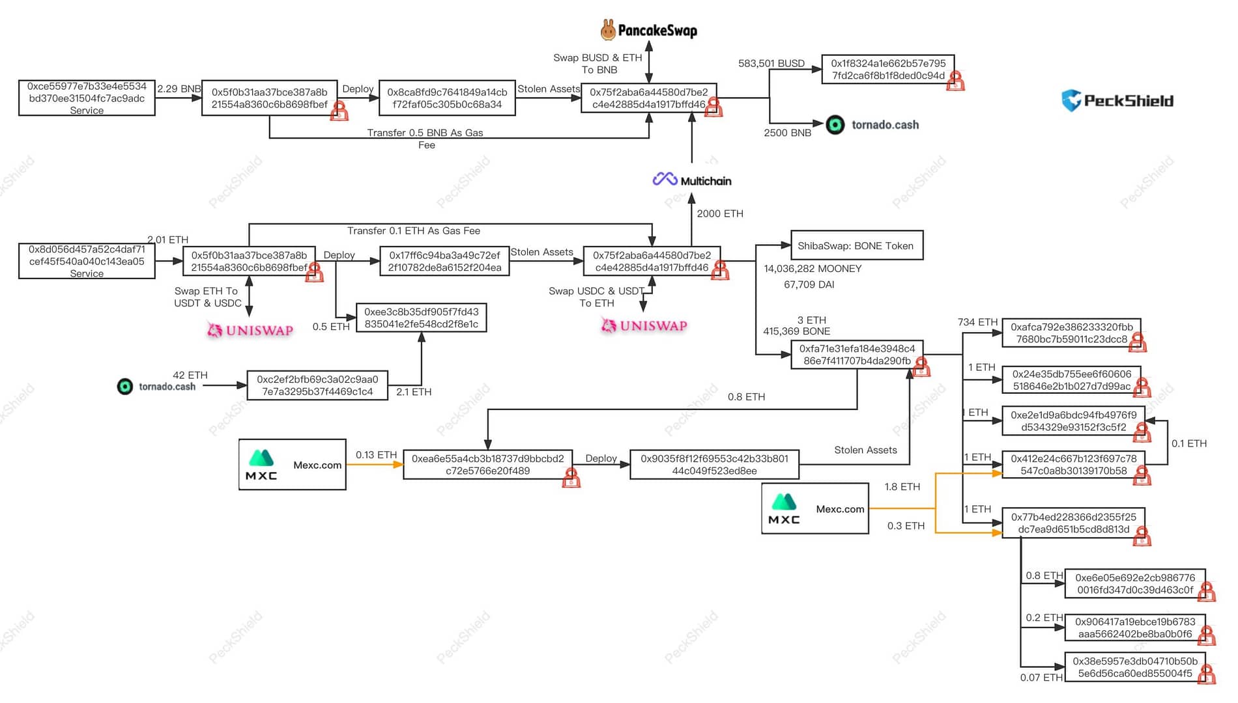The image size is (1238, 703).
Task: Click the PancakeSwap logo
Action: pyautogui.click(x=648, y=30)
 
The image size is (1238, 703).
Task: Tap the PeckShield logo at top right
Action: pyautogui.click(x=1117, y=100)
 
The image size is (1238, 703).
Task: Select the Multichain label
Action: pyautogui.click(x=692, y=180)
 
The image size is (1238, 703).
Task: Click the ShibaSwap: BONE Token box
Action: pyautogui.click(x=856, y=245)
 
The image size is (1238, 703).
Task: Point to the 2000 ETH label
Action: pyautogui.click(x=719, y=214)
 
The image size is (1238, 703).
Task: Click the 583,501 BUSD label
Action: pyautogui.click(x=771, y=63)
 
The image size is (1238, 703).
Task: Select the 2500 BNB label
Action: pyautogui.click(x=787, y=133)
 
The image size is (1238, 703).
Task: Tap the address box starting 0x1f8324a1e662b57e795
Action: pyautogui.click(x=887, y=69)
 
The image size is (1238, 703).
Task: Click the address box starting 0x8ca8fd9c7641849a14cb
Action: pyautogui.click(x=447, y=98)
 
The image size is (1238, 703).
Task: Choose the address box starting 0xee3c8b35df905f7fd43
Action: pyautogui.click(x=421, y=318)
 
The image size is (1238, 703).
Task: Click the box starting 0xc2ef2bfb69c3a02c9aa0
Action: pyautogui.click(x=317, y=385)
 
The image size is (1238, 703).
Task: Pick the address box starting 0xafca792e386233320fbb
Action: pyautogui.click(x=1071, y=333)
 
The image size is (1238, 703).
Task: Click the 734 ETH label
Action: pyautogui.click(x=977, y=322)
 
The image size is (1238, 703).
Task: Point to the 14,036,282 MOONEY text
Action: pyautogui.click(x=812, y=269)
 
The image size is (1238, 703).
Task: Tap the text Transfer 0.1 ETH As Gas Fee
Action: pyautogui.click(x=413, y=231)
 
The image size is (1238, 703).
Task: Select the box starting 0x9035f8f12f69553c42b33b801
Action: pyautogui.click(x=714, y=465)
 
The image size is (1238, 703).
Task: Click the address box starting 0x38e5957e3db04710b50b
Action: pyautogui.click(x=1134, y=667)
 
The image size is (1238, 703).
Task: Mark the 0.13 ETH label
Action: pyautogui.click(x=376, y=455)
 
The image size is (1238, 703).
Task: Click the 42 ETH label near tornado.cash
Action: pyautogui.click(x=190, y=376)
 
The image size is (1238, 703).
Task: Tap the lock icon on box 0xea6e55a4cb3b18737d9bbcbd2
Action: pyautogui.click(x=571, y=478)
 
